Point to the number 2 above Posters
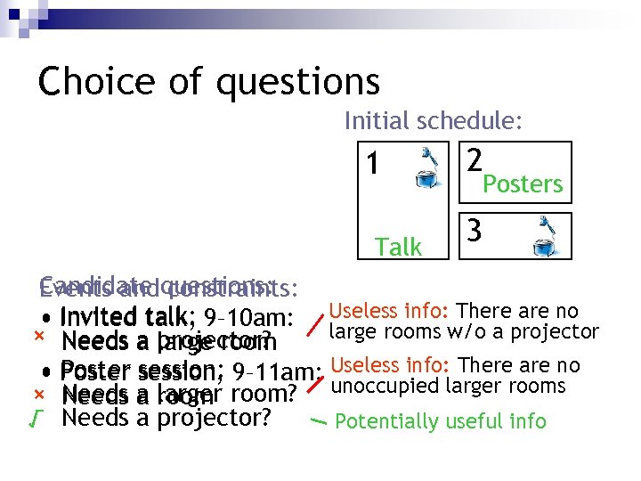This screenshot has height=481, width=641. (475, 159)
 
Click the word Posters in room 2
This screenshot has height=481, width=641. (523, 184)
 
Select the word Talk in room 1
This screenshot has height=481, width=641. (399, 247)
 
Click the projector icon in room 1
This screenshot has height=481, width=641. (429, 169)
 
